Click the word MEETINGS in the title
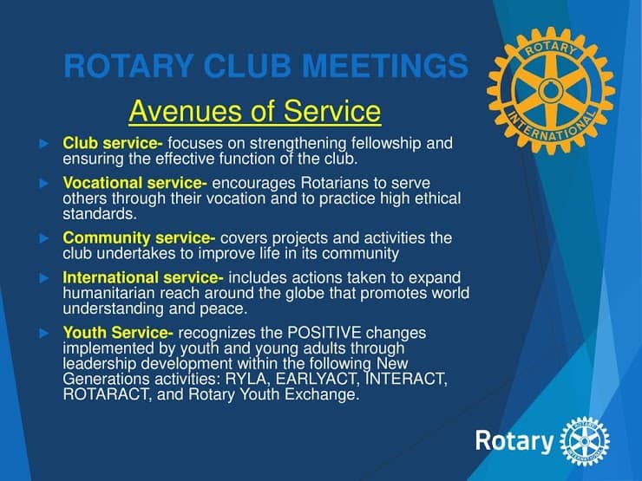[385, 66]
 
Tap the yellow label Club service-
[113, 143]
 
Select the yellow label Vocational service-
[134, 183]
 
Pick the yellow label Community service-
[139, 238]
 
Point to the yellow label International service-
[143, 277]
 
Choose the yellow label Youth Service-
[118, 333]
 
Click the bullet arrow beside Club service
[43, 144]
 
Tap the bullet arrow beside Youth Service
[43, 333]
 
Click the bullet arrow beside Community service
[43, 238]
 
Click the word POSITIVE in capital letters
[324, 333]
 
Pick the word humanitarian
[108, 293]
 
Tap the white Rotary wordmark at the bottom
[514, 441]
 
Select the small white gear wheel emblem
[584, 441]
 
